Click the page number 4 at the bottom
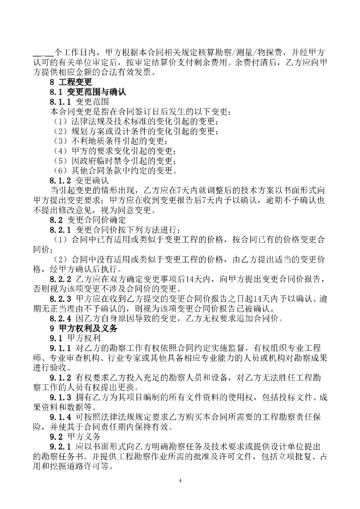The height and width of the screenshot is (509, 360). coord(180,481)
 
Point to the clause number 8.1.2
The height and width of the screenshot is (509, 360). coord(61,180)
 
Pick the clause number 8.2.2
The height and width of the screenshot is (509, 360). coord(61,279)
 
